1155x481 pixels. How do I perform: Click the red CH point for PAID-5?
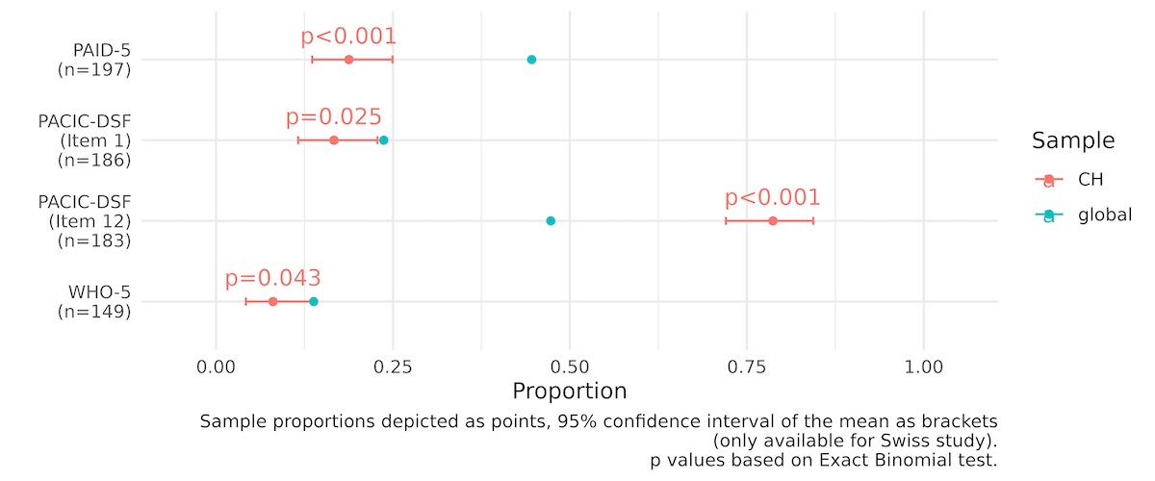click(x=348, y=60)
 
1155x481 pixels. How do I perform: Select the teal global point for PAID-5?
click(x=531, y=60)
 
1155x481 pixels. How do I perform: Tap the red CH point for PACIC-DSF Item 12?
click(x=773, y=221)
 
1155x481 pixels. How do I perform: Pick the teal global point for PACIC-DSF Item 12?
click(x=551, y=221)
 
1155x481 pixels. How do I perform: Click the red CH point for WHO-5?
click(x=272, y=302)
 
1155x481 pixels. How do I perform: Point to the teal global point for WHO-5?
click(x=314, y=302)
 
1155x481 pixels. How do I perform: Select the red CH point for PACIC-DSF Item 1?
click(x=334, y=140)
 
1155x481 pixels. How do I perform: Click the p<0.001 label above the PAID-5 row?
click(x=348, y=37)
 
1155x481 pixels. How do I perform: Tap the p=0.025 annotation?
click(x=334, y=117)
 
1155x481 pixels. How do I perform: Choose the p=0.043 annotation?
click(x=272, y=279)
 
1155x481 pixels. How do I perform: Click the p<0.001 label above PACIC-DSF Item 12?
click(x=773, y=198)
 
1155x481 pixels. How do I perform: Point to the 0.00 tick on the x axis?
click(x=216, y=367)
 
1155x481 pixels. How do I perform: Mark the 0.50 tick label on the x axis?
click(x=570, y=367)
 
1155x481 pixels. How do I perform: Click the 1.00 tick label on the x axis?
click(x=923, y=367)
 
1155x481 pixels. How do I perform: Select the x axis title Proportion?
click(x=570, y=392)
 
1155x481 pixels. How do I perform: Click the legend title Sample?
click(x=1073, y=140)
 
